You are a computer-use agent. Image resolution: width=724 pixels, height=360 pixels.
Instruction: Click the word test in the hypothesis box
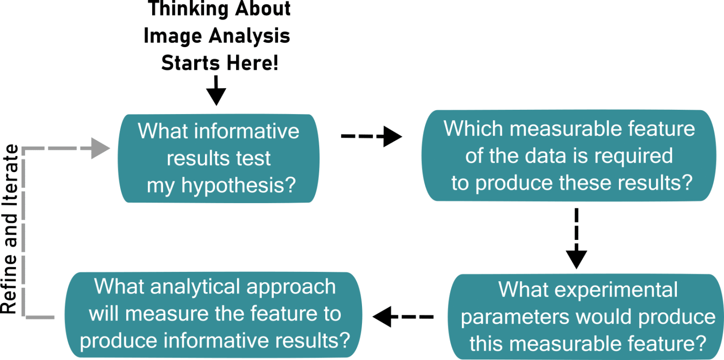[254, 159]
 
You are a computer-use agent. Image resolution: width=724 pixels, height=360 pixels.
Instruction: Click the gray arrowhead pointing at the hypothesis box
[100, 148]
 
